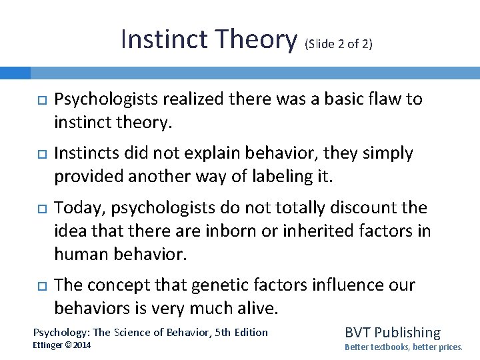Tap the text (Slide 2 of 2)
338,45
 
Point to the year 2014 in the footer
83,345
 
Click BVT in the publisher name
359,332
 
